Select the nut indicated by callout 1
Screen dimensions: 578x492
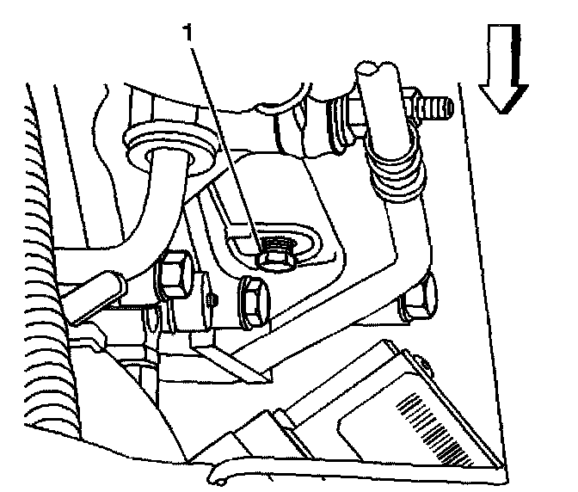[278, 250]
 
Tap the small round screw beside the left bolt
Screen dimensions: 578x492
[212, 298]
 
